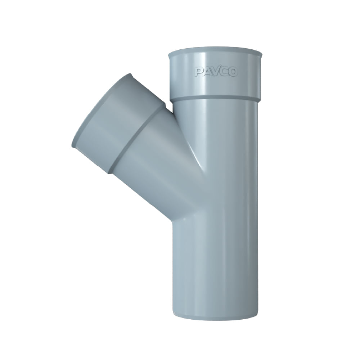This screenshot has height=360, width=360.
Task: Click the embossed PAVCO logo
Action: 215,72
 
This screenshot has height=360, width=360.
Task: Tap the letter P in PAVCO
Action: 199,72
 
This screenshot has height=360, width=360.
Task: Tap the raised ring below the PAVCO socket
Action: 215,100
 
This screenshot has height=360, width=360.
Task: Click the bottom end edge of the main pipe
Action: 215,318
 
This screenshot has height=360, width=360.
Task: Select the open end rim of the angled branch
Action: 102,111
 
